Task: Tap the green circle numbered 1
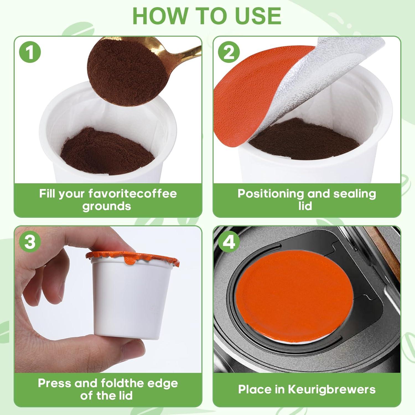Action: [30, 52]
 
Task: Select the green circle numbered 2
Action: [229, 52]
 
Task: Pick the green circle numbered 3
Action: [30, 242]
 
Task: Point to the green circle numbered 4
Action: [229, 242]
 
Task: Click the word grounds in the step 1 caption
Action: [107, 206]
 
